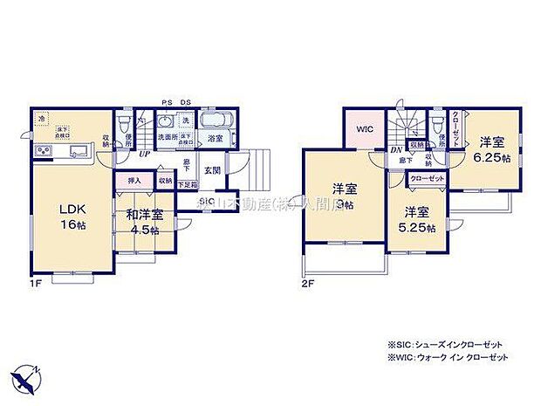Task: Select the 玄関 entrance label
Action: click(x=213, y=171)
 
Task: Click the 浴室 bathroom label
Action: click(x=215, y=138)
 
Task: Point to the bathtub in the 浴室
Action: click(x=215, y=120)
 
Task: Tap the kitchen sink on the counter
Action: click(x=77, y=153)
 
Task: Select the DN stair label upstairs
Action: click(x=395, y=149)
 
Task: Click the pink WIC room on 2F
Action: click(x=364, y=128)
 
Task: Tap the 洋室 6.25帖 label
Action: click(x=492, y=149)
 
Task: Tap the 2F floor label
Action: click(x=307, y=284)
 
